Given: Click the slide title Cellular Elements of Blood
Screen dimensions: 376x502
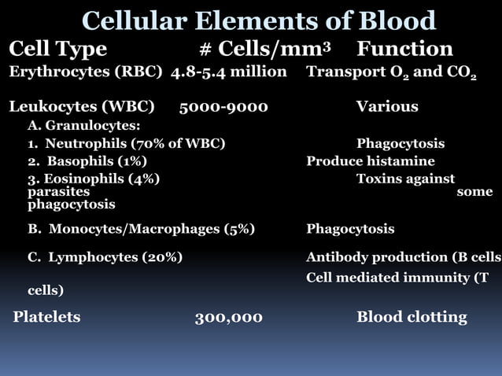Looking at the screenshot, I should click(259, 20).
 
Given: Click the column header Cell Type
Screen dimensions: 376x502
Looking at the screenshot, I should click(57, 49).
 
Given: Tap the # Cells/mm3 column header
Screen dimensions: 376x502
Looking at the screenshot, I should click(264, 49).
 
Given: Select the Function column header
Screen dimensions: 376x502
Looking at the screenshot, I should click(404, 49).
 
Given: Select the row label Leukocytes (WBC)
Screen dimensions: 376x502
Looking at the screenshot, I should click(81, 106).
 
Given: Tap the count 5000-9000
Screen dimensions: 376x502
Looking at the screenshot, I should click(223, 106).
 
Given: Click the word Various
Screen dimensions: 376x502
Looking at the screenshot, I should click(386, 106).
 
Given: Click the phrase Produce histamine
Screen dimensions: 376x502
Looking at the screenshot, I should click(370, 161).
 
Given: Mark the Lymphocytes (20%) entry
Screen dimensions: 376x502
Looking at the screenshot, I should click(105, 257).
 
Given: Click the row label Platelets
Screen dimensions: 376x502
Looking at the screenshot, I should click(46, 317).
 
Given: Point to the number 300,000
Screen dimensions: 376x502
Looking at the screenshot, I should click(228, 317).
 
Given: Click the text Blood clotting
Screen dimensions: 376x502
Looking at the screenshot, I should click(411, 317).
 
